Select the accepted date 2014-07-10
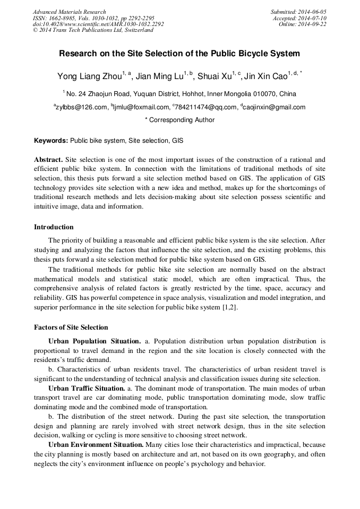point(313,18)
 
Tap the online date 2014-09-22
point(313,24)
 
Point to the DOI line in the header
point(98,24)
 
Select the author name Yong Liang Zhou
point(89,76)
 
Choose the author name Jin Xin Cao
point(265,76)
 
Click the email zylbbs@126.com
point(82,107)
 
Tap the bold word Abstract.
point(48,160)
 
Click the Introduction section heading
point(54,227)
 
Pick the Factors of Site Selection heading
point(71,327)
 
